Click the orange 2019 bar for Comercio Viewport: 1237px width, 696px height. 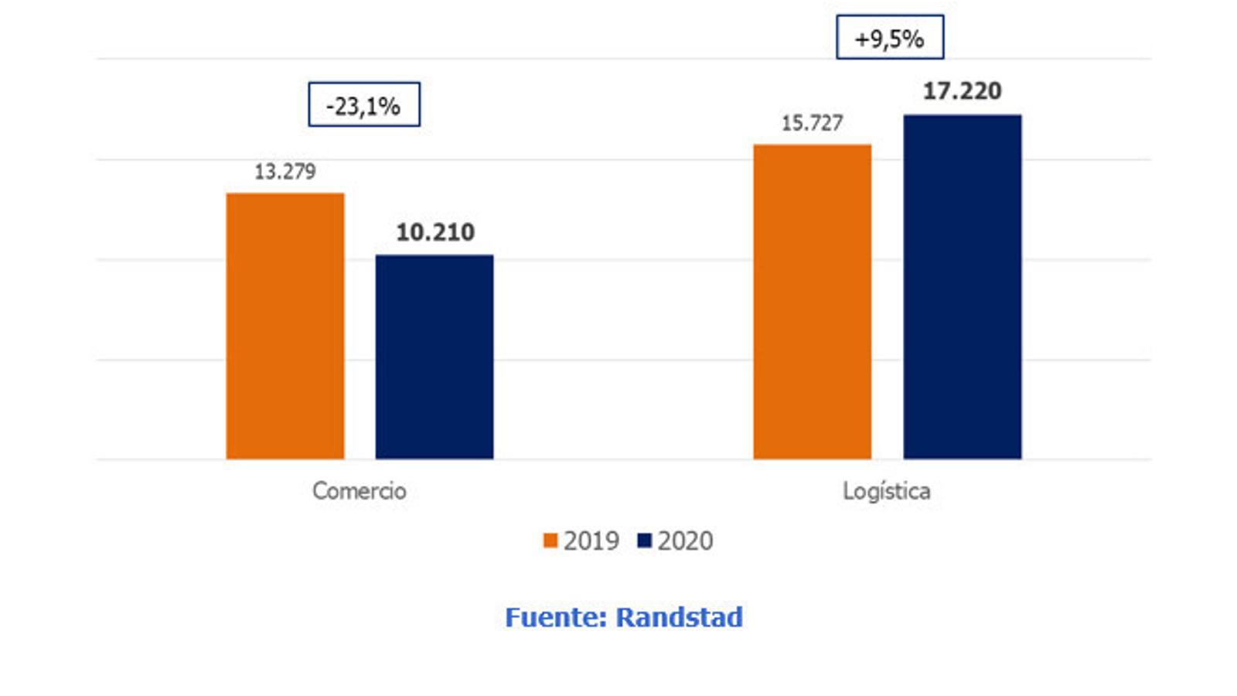[x=285, y=326]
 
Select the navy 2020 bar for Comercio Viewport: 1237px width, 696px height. [x=434, y=357]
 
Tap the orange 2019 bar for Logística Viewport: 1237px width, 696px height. [x=812, y=302]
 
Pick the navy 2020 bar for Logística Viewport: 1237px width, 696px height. [x=962, y=287]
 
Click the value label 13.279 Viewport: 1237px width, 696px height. [x=285, y=172]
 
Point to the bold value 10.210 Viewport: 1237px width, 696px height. [x=435, y=232]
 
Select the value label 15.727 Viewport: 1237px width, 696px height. [x=812, y=123]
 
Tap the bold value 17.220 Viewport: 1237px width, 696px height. [x=963, y=91]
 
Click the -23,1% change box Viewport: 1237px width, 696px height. [x=364, y=104]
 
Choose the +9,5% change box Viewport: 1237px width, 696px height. [x=890, y=37]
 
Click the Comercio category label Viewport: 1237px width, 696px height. [x=360, y=491]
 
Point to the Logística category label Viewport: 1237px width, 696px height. [x=887, y=491]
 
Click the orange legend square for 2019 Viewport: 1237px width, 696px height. [x=550, y=541]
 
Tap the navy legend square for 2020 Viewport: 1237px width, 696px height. [x=645, y=541]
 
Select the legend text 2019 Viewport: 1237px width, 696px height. [x=591, y=541]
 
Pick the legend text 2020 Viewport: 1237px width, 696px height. [x=686, y=541]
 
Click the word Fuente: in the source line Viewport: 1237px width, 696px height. [x=556, y=617]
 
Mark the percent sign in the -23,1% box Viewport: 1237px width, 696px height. [x=390, y=106]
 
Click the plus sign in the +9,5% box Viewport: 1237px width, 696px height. [x=862, y=39]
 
